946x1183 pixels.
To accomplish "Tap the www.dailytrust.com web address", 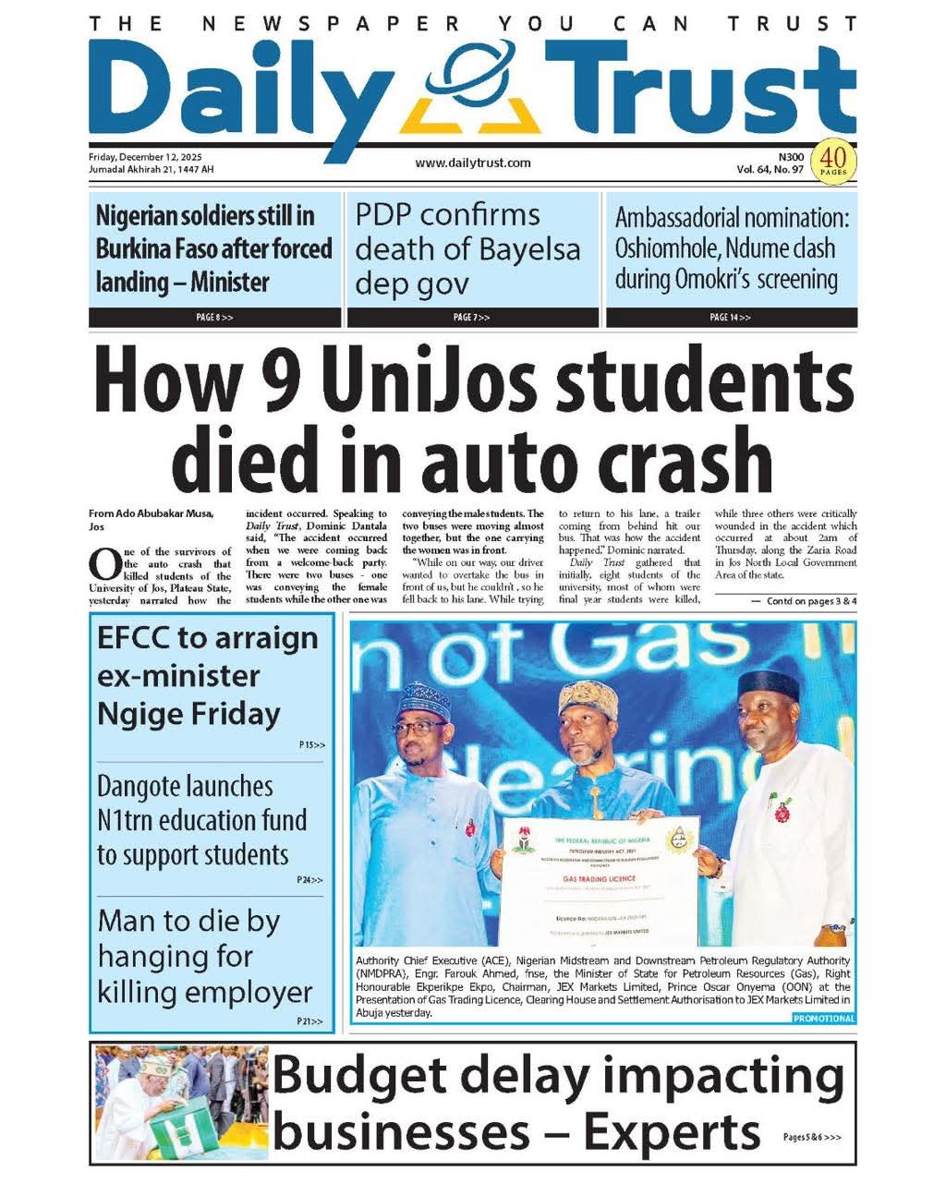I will [x=473, y=163].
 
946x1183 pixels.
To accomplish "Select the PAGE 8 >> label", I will [x=214, y=318].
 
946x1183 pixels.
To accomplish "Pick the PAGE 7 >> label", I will [x=472, y=318].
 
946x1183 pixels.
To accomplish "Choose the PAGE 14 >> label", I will [x=730, y=318].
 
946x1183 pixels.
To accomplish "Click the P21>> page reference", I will [x=310, y=1021].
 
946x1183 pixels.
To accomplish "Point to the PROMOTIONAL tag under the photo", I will [x=823, y=1019].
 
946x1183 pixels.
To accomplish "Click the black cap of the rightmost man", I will [x=769, y=685].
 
